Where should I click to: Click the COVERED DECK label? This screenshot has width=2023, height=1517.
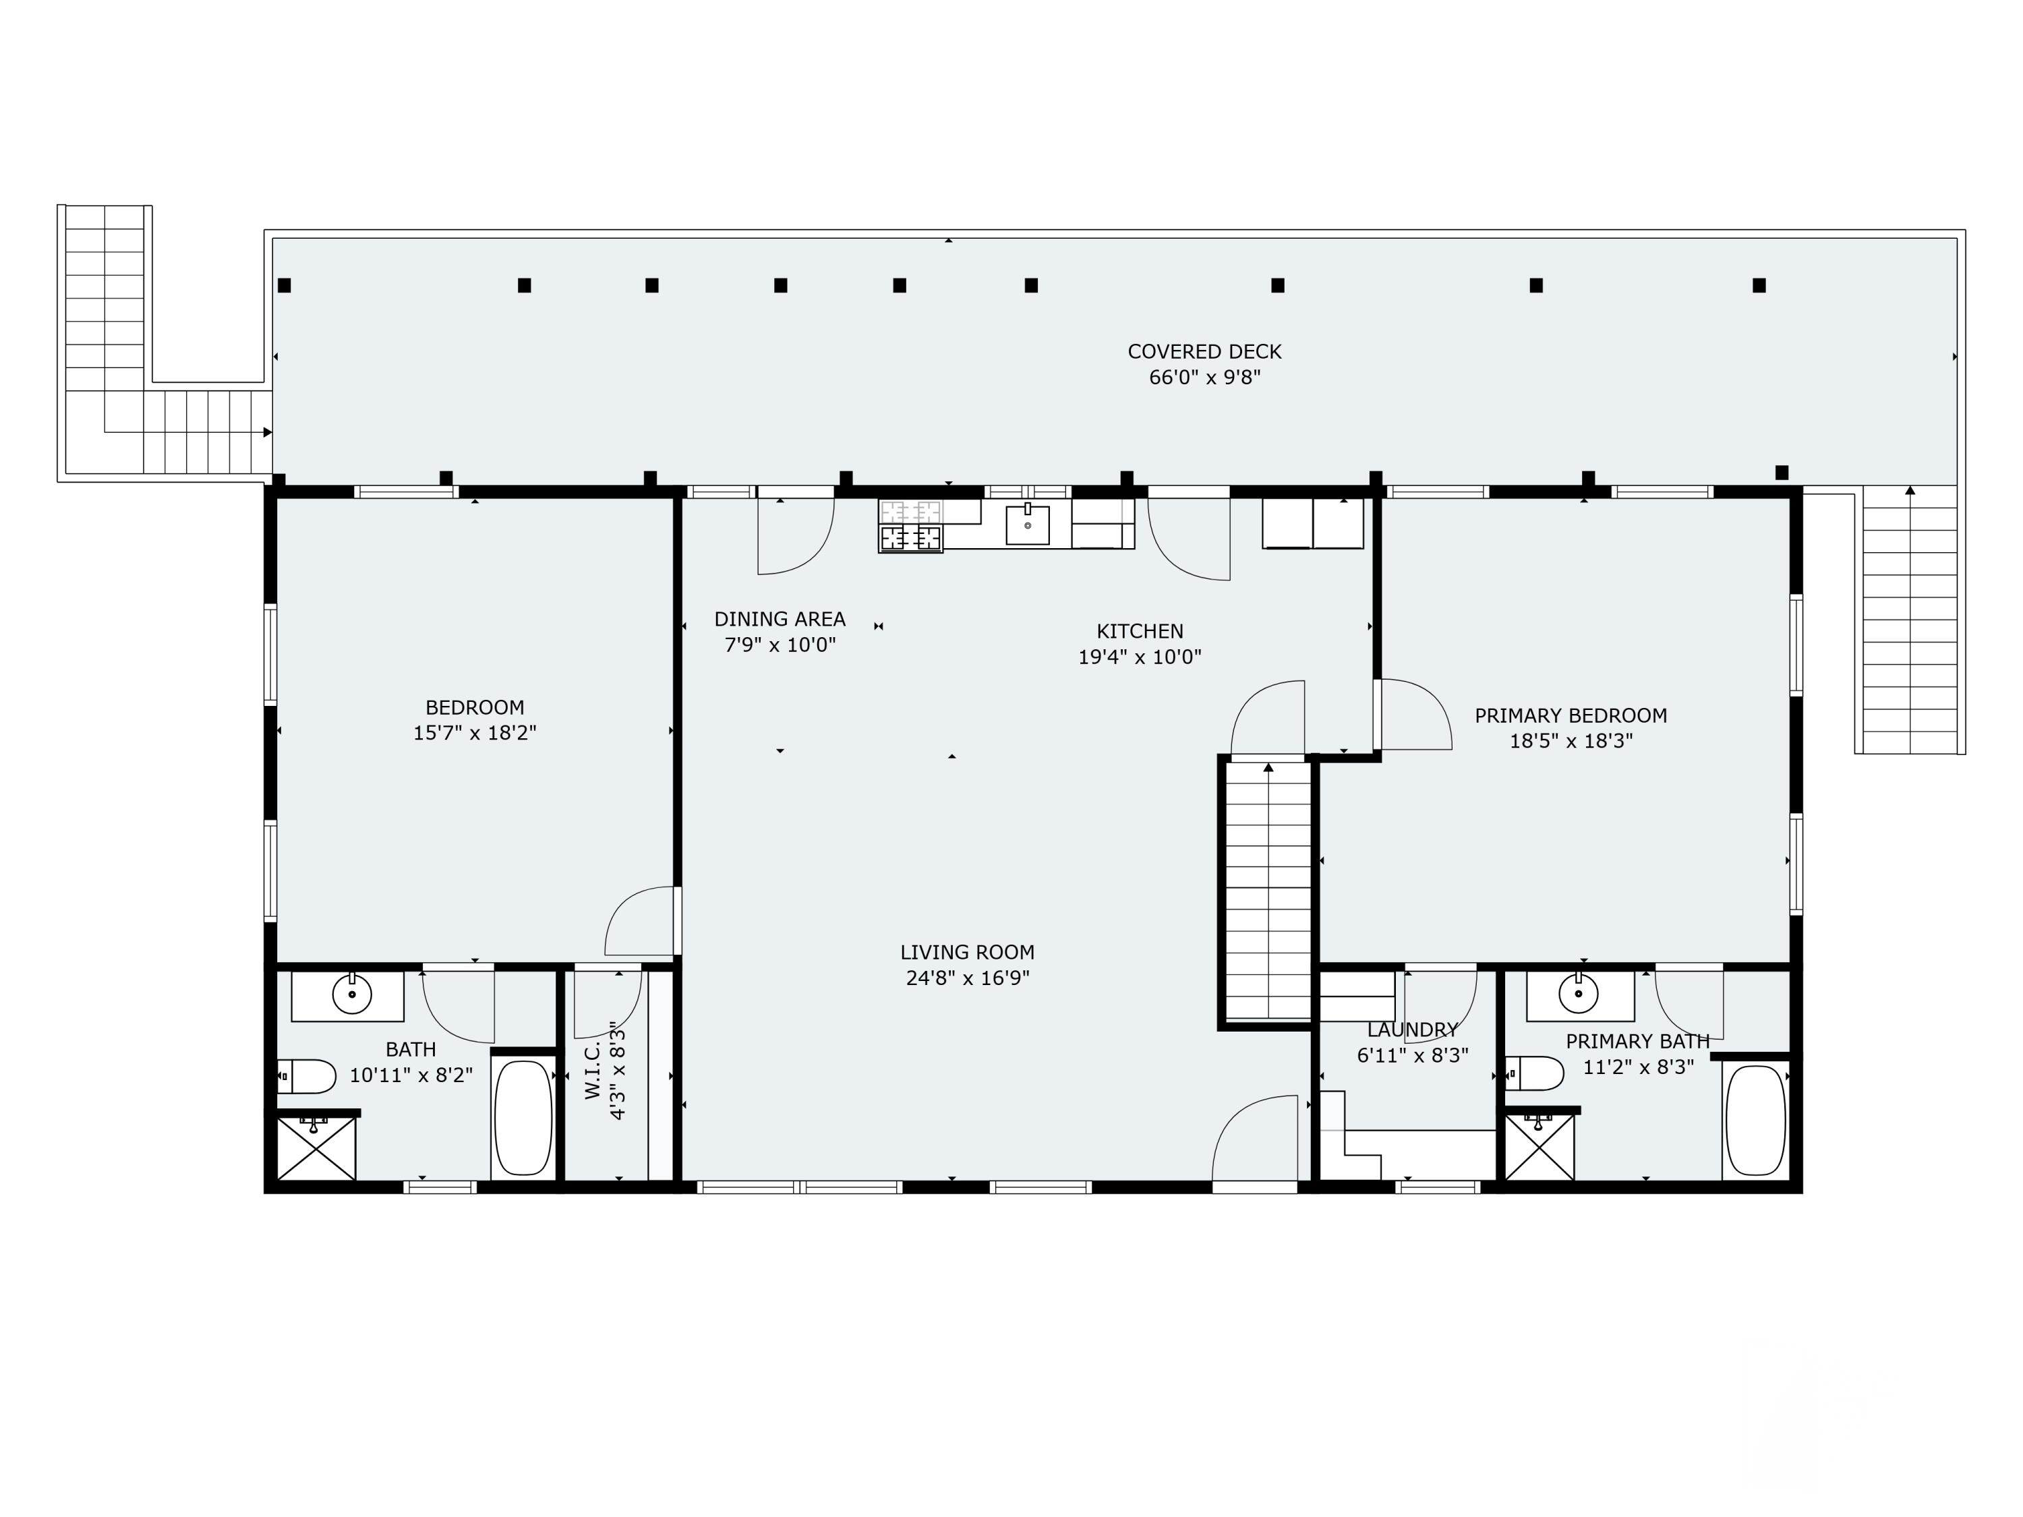coord(1204,351)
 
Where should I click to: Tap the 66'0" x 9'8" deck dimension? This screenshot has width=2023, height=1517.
coord(1204,377)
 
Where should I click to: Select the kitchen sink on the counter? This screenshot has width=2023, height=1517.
coord(1027,525)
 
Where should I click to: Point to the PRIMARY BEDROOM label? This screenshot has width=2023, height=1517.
coord(1571,715)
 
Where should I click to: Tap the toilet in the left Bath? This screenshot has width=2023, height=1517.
coord(307,1076)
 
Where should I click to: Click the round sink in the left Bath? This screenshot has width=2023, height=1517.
coord(351,993)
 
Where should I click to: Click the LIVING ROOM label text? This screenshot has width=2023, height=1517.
coord(967,952)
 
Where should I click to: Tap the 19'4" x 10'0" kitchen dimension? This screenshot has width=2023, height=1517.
coord(1139,657)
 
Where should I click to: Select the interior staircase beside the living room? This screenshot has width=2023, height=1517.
coord(1268,891)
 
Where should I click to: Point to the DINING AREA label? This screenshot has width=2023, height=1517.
coord(780,619)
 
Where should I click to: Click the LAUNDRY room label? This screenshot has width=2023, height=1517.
coord(1412,1030)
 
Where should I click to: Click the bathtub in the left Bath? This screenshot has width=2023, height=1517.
coord(523,1117)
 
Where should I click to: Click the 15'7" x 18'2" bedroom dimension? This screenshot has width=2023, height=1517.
coord(474,732)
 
